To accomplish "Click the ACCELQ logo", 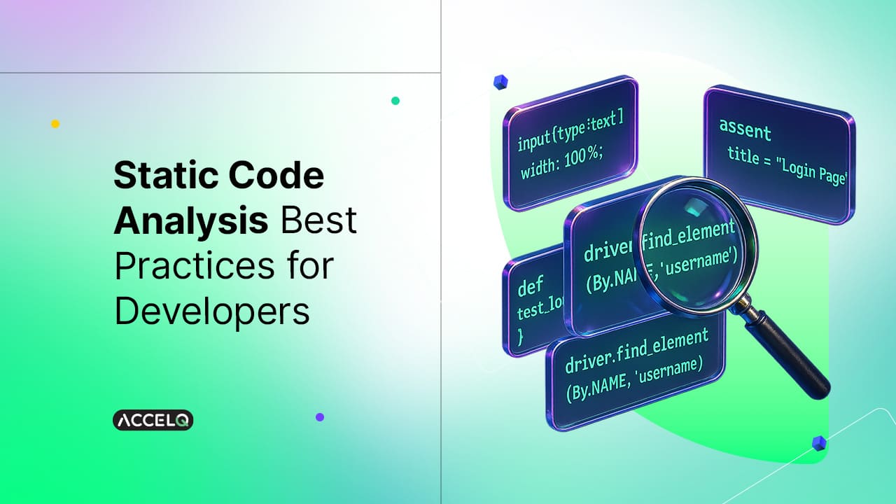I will click(x=153, y=420).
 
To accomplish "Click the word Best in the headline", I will click(x=319, y=221).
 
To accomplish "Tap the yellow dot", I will click(x=55, y=124).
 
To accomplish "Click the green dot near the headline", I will click(x=395, y=101).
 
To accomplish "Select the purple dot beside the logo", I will click(x=320, y=416).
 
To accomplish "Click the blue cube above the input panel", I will click(x=500, y=83).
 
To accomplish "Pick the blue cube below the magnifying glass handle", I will click(x=818, y=442).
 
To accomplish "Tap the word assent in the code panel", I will click(x=745, y=130).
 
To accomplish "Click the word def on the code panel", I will click(x=530, y=286).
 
